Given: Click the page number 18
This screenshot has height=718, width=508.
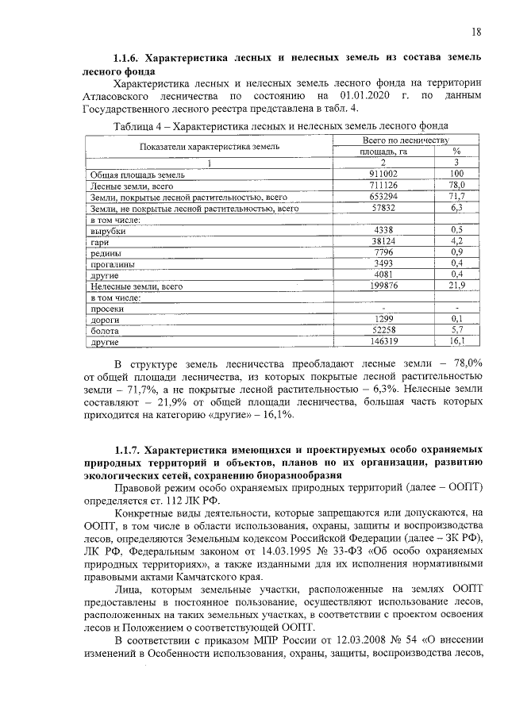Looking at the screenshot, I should coord(475,32).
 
